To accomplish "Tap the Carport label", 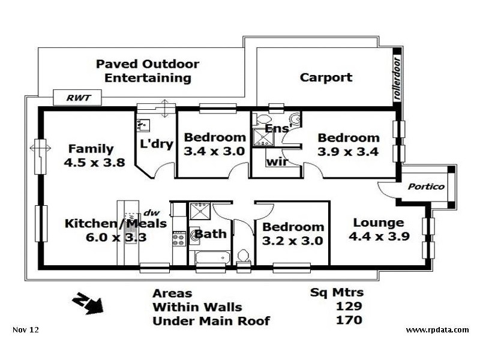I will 326,77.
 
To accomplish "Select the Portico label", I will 426,187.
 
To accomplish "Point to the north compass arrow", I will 87,302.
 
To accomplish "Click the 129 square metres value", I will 349,307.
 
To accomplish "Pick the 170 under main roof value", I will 349,320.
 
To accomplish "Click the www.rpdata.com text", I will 437,330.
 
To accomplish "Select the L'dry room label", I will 157,144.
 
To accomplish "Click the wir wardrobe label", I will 275,161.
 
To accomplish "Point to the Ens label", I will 276,128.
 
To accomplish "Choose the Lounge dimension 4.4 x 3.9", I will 379,236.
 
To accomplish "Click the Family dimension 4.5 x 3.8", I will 94,162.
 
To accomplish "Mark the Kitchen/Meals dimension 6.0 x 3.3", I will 105,238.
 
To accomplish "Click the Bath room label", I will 211,234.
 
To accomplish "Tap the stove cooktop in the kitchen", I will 179,239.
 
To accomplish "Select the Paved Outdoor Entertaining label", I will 148,71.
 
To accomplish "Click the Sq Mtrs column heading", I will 337,293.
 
